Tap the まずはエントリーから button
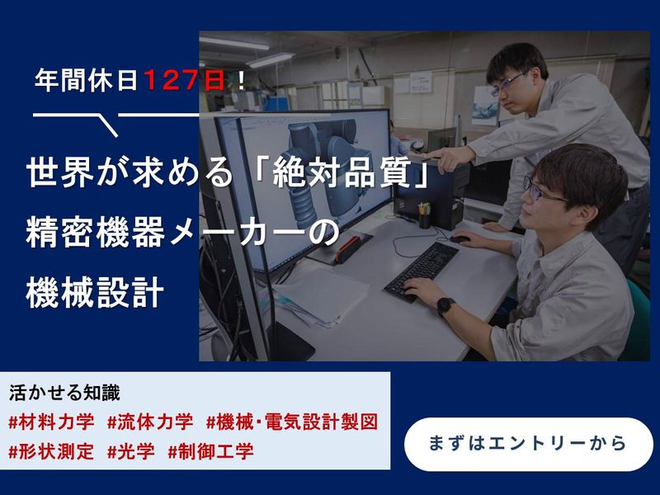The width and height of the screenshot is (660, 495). (529, 443)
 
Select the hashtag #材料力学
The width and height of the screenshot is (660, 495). (52, 422)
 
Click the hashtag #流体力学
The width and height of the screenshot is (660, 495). (150, 422)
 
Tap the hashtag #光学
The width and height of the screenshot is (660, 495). (131, 451)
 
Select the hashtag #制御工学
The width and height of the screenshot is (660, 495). (210, 451)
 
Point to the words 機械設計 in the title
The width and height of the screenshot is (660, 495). (96, 294)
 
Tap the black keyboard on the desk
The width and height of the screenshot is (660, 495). (422, 269)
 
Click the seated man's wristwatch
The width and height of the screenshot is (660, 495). (446, 306)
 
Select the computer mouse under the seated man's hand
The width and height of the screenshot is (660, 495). (460, 239)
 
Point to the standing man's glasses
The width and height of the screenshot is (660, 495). (506, 82)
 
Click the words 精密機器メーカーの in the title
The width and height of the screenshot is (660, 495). (181, 234)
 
